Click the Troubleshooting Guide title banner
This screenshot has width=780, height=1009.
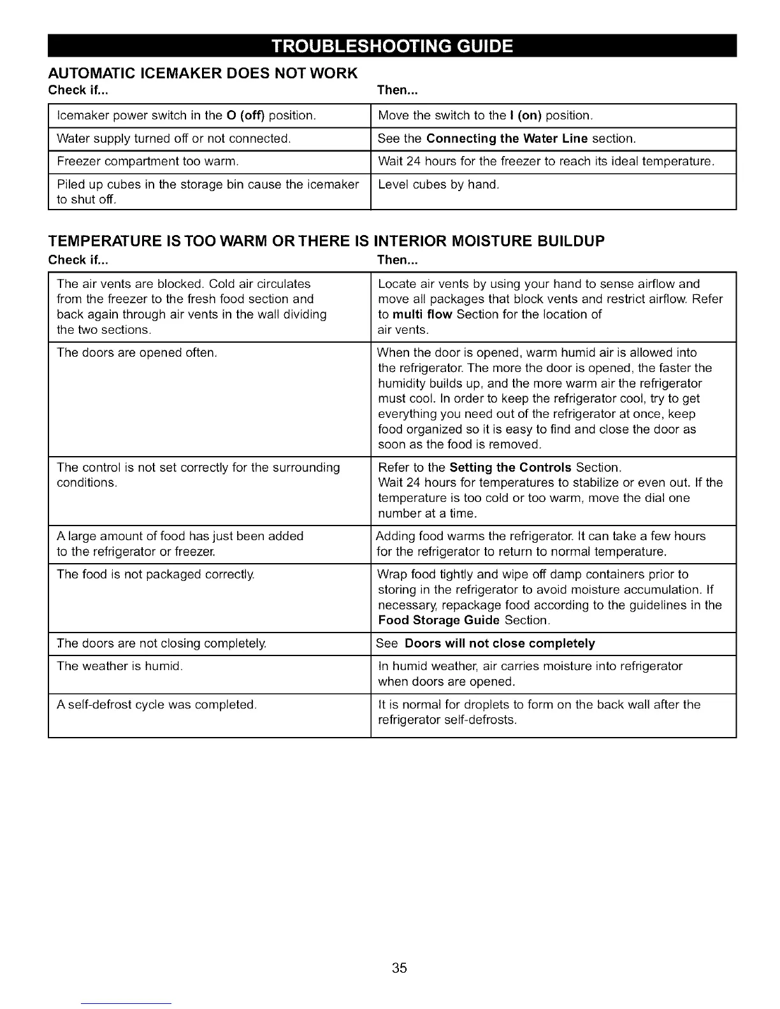(x=392, y=47)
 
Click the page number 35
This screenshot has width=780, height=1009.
(x=400, y=968)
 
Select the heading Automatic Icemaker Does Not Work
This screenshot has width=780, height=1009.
(x=203, y=73)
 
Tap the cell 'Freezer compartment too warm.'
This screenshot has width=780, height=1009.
(x=148, y=162)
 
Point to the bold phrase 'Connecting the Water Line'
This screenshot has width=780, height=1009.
(x=507, y=139)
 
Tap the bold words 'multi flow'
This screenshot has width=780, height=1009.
(x=422, y=315)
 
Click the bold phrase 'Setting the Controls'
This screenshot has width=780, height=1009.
(x=510, y=468)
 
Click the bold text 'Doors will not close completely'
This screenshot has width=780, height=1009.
(x=500, y=643)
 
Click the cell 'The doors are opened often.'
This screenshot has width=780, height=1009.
(x=137, y=353)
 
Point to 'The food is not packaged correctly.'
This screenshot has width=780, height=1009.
(x=155, y=575)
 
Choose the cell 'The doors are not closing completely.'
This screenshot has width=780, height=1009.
(x=161, y=643)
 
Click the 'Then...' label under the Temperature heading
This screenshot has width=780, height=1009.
(x=397, y=260)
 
